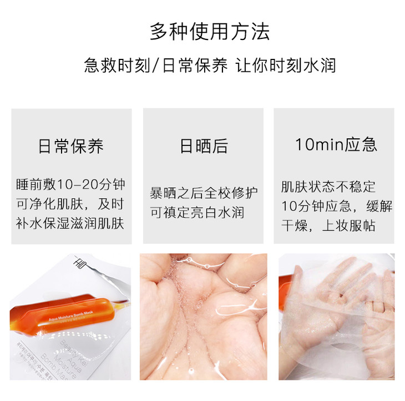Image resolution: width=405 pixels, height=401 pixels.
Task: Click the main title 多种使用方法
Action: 210,32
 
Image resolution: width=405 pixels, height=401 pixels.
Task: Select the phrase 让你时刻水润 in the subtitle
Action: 285,65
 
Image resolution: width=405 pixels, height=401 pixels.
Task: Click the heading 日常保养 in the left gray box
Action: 71,146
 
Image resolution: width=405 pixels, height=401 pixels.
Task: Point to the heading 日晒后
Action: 204,146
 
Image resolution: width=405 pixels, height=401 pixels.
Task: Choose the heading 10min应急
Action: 336,144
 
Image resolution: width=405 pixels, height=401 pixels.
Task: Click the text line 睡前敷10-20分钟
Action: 70,184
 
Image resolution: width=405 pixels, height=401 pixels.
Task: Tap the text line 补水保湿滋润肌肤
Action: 70,223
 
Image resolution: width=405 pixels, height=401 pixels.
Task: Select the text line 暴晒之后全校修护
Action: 204,193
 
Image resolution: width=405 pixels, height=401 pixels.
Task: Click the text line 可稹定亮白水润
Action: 197,213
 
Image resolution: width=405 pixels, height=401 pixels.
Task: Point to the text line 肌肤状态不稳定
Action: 328,187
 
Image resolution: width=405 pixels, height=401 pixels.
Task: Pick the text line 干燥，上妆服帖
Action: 328,225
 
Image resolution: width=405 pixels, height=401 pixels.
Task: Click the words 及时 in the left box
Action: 111,204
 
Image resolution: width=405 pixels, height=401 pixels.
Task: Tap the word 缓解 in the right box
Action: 379,206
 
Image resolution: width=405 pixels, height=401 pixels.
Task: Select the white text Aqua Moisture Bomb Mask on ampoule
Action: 71,317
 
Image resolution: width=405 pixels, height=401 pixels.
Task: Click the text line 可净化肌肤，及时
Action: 70,204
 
